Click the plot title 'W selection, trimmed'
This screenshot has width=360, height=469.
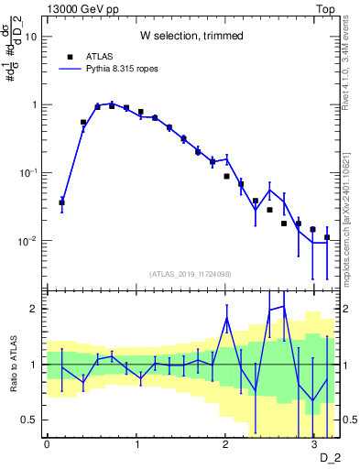191,36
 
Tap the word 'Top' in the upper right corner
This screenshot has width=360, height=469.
324,8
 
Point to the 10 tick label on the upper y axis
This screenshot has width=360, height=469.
31,37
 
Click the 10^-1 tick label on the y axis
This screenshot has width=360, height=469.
28,173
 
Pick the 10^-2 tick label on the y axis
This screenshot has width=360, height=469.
28,241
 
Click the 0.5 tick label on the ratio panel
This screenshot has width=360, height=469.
29,420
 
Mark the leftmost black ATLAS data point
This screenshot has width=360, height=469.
61,202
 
